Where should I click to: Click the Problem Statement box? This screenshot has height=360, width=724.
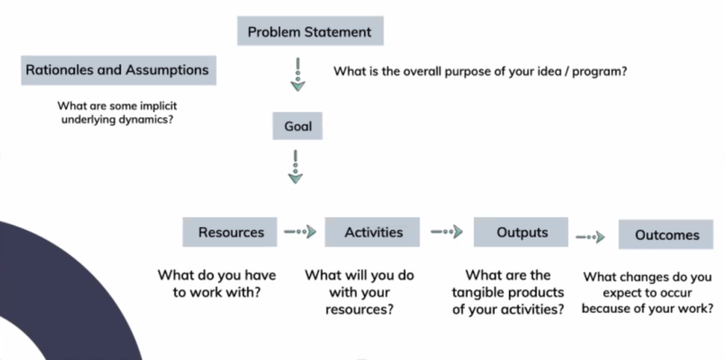310,31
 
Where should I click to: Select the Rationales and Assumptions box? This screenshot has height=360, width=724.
119,70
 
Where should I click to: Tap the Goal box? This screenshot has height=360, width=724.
298,126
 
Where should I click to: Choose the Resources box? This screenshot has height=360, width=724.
230,232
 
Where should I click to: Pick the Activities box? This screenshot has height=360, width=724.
372,232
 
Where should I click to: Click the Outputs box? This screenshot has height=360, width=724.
521,232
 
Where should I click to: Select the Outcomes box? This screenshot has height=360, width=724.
666,234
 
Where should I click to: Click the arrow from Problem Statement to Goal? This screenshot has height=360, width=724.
298,74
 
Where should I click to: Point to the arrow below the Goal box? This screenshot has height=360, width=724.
296,167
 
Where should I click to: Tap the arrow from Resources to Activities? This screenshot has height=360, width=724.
300,231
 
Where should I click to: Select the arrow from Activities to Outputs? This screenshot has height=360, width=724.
447,231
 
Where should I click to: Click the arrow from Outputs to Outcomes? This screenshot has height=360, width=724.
590,237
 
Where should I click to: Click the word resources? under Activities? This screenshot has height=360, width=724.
360,309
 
